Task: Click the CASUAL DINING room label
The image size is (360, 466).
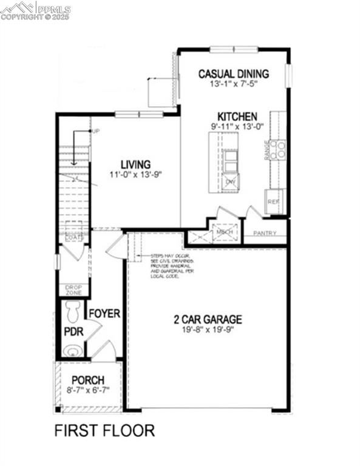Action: click(x=233, y=74)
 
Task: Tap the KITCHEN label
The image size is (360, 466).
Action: click(x=238, y=116)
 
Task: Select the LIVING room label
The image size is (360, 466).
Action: click(x=135, y=164)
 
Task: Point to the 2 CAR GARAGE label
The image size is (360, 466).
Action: click(x=208, y=319)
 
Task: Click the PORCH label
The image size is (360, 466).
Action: click(x=89, y=380)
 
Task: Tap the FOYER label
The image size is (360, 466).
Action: click(x=105, y=314)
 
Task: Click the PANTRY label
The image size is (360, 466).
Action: click(x=265, y=233)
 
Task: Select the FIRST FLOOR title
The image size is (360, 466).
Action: click(x=104, y=431)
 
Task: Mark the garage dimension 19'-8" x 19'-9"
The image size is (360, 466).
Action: click(x=208, y=330)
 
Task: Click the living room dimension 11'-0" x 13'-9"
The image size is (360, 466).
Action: click(x=135, y=175)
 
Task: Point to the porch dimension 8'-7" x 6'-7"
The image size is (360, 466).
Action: click(x=89, y=391)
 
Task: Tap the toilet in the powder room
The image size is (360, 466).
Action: click(x=73, y=311)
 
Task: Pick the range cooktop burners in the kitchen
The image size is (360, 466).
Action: click(x=278, y=149)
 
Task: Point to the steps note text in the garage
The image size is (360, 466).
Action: click(x=172, y=266)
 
